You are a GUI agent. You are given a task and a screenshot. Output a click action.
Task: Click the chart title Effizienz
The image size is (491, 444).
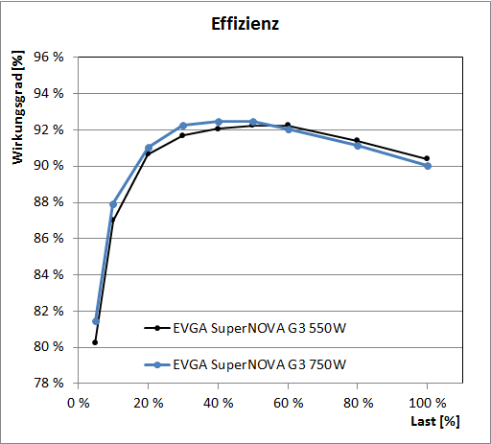(x=245, y=25)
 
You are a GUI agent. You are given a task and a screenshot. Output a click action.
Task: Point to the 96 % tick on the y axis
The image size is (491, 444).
(x=48, y=58)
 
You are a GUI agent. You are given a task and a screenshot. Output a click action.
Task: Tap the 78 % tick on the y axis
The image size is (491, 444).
(x=48, y=384)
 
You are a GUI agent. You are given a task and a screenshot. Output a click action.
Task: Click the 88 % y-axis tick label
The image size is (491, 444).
(x=48, y=202)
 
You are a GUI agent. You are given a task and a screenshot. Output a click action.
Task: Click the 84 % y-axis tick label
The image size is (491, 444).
(x=48, y=275)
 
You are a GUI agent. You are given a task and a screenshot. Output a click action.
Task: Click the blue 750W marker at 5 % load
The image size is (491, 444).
(x=96, y=321)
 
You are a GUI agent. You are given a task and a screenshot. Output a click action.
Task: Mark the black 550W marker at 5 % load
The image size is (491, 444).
(x=95, y=342)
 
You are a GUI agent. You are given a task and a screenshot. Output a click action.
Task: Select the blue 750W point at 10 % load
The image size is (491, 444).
(x=113, y=204)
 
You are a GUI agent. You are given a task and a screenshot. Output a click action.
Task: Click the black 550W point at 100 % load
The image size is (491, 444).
(x=427, y=158)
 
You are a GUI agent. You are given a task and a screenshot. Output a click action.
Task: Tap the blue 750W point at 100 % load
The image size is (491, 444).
(x=428, y=166)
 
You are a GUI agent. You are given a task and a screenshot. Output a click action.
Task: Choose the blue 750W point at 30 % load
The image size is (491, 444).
(x=183, y=126)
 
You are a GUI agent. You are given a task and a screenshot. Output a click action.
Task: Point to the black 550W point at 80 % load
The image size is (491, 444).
(x=357, y=140)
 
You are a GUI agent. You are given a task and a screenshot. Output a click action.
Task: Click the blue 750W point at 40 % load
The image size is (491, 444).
(x=218, y=122)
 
